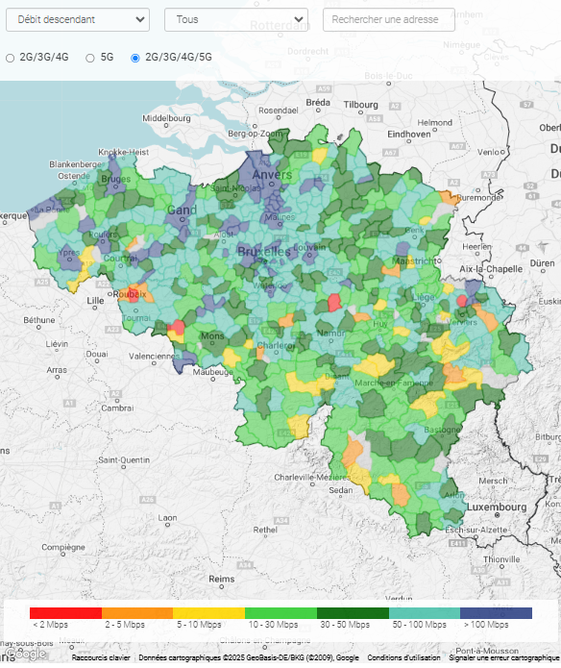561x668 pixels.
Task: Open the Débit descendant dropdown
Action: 77,19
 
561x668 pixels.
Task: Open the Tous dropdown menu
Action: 235,19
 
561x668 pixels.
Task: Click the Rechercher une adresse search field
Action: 388,19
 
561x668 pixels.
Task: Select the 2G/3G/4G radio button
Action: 11,58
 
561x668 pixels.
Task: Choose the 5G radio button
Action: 90,58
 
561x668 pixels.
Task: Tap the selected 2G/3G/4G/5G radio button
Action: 134,58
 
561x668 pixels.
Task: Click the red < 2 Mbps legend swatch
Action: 65,612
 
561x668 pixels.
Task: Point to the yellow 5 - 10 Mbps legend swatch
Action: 208,612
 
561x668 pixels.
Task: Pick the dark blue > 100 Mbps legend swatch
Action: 496,612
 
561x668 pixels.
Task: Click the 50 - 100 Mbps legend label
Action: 424,625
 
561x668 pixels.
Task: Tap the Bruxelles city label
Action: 263,251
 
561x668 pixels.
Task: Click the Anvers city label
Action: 272,176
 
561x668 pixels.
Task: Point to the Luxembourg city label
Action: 497,506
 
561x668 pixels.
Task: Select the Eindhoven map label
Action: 408,135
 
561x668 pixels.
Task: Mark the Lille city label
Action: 95,301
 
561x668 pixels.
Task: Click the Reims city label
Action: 221,579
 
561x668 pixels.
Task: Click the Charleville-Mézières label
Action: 311,477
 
